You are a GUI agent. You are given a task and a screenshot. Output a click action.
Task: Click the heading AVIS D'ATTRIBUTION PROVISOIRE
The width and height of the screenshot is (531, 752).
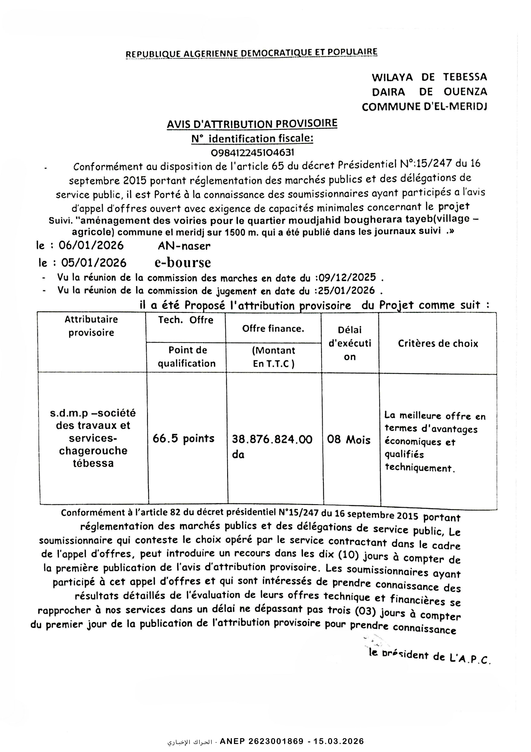click(x=252, y=124)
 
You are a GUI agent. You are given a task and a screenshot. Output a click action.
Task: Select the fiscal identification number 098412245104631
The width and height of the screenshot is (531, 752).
click(x=252, y=152)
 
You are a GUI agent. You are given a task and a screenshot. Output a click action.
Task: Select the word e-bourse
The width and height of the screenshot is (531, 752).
click(x=183, y=262)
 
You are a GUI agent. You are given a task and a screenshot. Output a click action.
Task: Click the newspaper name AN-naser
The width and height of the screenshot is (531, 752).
click(x=184, y=246)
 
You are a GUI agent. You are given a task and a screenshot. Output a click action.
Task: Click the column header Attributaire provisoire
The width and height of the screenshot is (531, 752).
click(x=91, y=326)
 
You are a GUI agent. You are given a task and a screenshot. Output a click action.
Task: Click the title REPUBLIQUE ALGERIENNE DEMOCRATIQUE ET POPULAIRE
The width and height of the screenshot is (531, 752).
click(x=252, y=53)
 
